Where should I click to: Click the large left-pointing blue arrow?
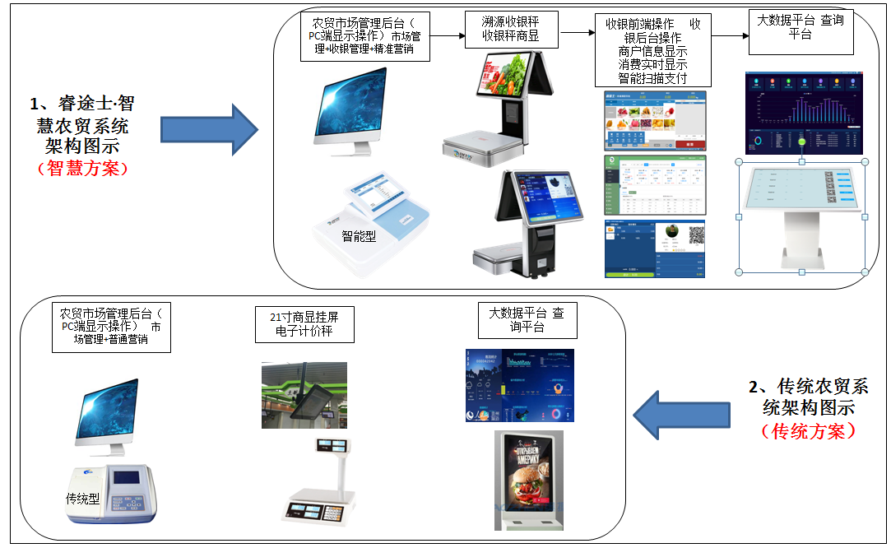(683, 416)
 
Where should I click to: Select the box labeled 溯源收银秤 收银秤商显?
(509, 29)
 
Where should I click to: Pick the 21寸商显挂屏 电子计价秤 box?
(304, 324)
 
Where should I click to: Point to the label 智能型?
(359, 236)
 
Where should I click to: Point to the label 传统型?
(82, 499)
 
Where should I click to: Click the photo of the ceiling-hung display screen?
(304, 395)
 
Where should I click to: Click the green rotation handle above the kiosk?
(802, 143)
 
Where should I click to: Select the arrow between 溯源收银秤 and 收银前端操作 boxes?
(578, 34)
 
